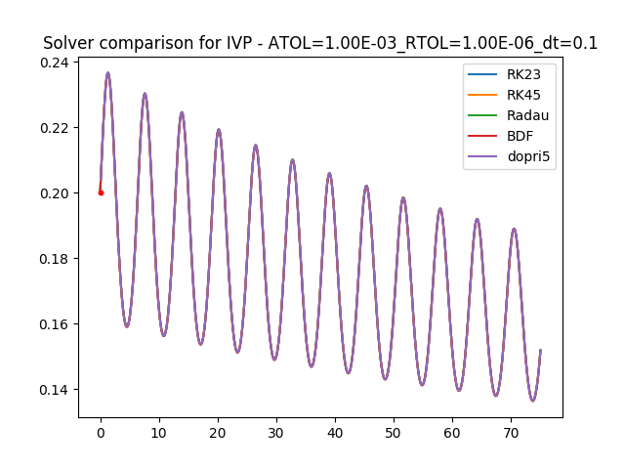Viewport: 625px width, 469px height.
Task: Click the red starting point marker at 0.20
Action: coord(101,192)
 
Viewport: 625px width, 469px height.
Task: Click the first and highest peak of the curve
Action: coord(107,73)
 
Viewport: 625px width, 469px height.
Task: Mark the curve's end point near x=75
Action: coord(540,350)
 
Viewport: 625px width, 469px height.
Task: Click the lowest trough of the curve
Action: coord(532,400)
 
